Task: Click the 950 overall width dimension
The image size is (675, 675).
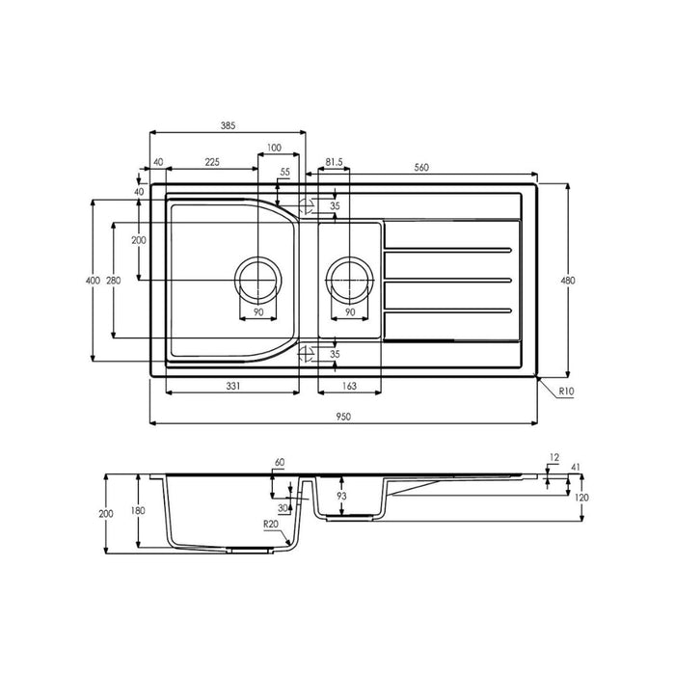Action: (x=342, y=416)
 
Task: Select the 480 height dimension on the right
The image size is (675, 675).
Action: (x=568, y=281)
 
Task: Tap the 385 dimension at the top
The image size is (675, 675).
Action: (x=228, y=125)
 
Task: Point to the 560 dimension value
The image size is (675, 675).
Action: (x=420, y=167)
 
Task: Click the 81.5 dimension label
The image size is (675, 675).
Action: (x=335, y=162)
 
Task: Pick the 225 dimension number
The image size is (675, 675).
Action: (x=213, y=162)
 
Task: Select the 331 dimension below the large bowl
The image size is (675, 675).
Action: (x=232, y=385)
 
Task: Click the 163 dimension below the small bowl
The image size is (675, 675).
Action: (x=348, y=385)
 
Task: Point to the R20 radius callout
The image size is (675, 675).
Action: (x=271, y=524)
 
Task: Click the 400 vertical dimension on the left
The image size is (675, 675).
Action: (x=92, y=281)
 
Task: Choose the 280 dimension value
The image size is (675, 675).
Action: (x=114, y=281)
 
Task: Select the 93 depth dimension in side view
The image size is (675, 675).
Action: (x=340, y=496)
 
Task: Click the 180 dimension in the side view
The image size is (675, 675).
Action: (x=139, y=511)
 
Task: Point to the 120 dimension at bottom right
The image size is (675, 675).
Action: (x=581, y=497)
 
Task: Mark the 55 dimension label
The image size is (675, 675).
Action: (x=284, y=172)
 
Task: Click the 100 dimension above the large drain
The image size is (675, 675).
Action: (x=274, y=148)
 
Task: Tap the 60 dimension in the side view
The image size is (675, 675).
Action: (x=280, y=464)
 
